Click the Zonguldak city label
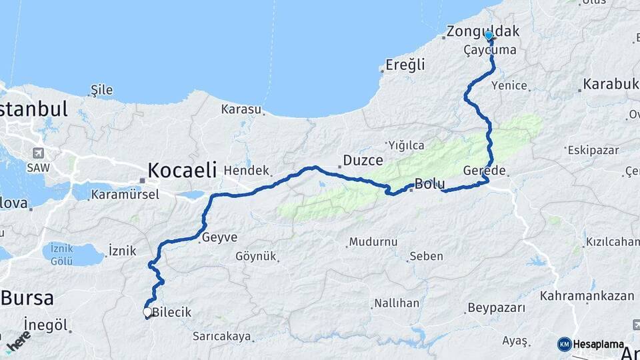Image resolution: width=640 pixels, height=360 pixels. click(x=483, y=31)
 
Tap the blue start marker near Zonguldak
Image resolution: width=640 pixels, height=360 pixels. click(x=489, y=36)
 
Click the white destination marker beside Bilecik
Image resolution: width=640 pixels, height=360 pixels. click(x=147, y=311)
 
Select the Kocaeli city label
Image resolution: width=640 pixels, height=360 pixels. click(x=182, y=170)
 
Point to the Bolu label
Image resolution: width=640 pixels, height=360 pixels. click(x=429, y=183)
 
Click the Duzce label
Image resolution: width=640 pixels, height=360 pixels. click(x=363, y=160)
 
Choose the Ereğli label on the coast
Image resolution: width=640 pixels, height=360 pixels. click(x=405, y=65)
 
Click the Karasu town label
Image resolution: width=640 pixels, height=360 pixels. click(x=241, y=109)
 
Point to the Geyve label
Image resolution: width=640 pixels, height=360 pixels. click(x=219, y=237)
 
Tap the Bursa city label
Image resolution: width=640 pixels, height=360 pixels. click(x=27, y=297)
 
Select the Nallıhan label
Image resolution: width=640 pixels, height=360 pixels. click(x=397, y=303)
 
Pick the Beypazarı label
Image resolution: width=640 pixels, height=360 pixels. click(x=496, y=308)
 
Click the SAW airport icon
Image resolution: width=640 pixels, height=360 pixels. click(x=38, y=153)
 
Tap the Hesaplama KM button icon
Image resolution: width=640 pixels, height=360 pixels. click(x=564, y=344)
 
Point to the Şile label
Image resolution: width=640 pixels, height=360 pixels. click(x=102, y=90)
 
